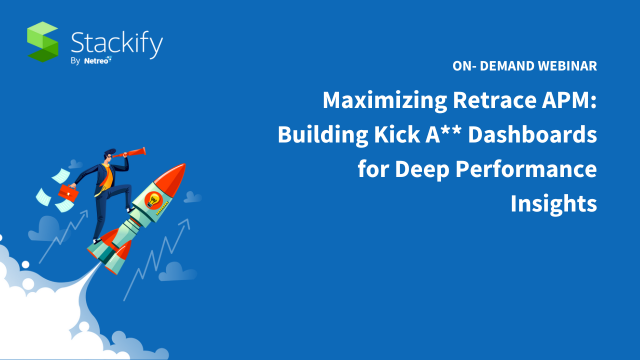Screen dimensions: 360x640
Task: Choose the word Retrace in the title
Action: pyautogui.click(x=487, y=100)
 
